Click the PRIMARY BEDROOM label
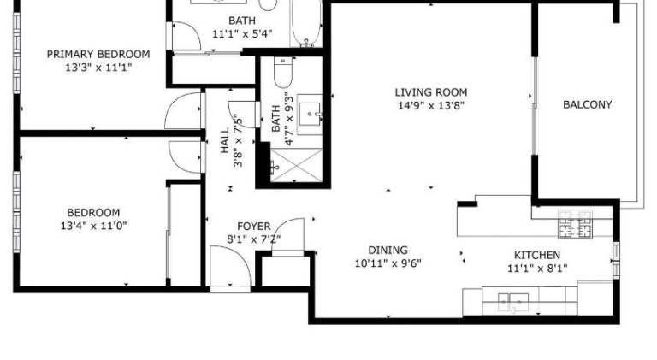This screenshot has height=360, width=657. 98,55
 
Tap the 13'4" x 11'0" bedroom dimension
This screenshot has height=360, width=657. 94,226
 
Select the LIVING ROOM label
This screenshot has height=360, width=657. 431,92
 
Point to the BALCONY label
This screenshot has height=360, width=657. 587,104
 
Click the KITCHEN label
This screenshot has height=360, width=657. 537,255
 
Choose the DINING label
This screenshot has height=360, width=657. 388,251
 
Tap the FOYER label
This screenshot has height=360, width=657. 254,227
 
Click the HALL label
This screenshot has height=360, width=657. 225,140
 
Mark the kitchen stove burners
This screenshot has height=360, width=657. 575,224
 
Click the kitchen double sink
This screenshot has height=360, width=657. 513,302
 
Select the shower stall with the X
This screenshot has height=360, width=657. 296,165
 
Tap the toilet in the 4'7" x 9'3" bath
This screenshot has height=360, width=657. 283,72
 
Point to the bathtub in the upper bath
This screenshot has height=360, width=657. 306,23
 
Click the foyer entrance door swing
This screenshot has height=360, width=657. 230,267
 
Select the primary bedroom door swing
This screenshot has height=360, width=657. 183,110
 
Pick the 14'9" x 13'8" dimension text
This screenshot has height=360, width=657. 431,105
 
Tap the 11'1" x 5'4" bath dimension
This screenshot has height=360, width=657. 242,34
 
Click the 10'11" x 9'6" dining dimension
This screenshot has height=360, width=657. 388,263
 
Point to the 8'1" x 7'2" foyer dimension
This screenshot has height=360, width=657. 254,239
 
